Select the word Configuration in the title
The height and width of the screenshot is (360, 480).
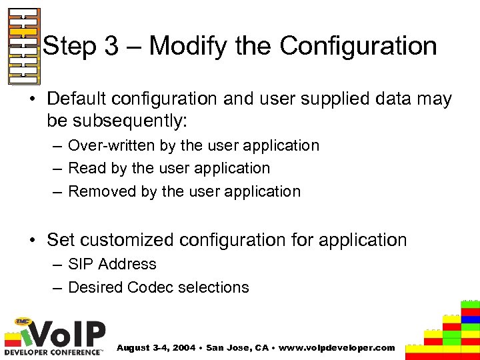(x=358, y=47)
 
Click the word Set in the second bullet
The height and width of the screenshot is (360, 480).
(x=61, y=240)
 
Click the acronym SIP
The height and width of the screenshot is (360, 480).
(x=81, y=265)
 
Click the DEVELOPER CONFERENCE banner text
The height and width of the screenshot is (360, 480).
(x=53, y=351)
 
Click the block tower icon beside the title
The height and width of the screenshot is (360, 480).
(x=23, y=47)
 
